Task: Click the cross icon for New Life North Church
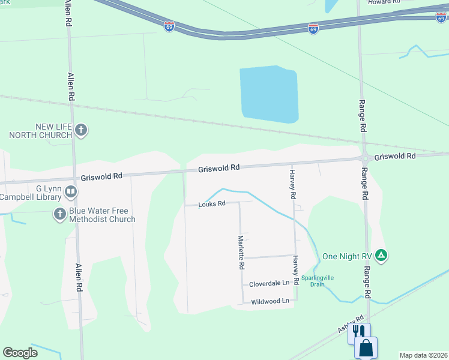click(x=82, y=130)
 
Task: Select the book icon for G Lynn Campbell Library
click(x=71, y=192)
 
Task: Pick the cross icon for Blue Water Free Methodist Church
click(x=59, y=214)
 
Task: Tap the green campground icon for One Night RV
click(x=381, y=256)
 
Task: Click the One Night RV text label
click(x=348, y=256)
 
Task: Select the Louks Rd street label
click(x=212, y=204)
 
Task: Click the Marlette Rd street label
click(x=241, y=253)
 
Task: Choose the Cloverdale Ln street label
click(x=270, y=283)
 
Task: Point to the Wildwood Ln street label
click(x=270, y=301)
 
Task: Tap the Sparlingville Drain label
click(x=318, y=281)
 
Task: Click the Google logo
click(x=20, y=353)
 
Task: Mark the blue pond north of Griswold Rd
click(x=269, y=94)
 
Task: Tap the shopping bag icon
click(x=366, y=348)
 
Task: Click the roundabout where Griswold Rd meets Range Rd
click(x=364, y=158)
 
